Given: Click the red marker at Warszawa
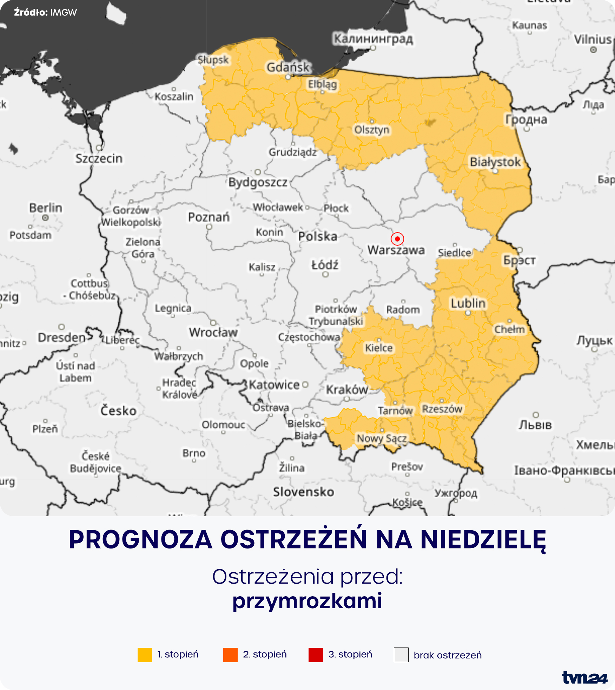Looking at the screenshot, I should coord(397,239).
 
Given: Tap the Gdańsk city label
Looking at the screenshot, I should coord(288,67).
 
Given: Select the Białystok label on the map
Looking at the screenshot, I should coord(495,162).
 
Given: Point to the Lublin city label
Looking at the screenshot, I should coord(468,303).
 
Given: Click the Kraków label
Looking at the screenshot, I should coord(347,389).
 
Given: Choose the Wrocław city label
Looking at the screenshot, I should coord(213,332).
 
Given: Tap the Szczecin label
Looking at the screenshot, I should coord(99,158).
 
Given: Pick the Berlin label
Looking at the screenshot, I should coord(46,208).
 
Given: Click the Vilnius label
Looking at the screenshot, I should coord(593,39).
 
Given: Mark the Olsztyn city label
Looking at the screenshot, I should coord(372,130).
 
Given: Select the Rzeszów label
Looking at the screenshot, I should coord(442,409).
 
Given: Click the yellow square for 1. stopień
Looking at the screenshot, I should coord(145,655).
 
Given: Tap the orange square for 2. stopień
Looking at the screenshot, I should coord(230,655).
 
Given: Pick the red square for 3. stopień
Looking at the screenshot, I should coord(316,655).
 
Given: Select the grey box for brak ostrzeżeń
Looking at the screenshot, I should coord(401,655).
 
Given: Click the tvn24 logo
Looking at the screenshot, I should coord(584,677).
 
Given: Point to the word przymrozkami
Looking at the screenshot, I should coord(307,600).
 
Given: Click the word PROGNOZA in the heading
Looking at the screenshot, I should coord(140,539).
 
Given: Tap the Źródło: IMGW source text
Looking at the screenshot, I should coord(45,13).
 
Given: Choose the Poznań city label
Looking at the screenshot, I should coord(209,217).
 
